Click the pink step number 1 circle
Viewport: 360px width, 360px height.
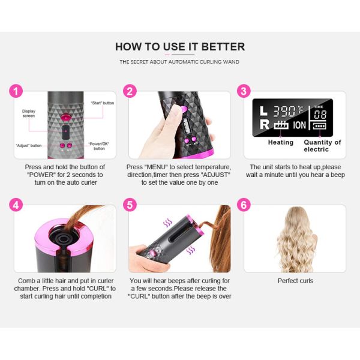click(x=16, y=91)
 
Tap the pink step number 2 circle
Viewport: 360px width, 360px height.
click(x=130, y=91)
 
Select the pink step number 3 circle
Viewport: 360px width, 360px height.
click(x=244, y=91)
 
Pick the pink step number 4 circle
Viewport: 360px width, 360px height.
click(x=16, y=205)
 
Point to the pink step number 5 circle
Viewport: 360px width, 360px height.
click(x=130, y=205)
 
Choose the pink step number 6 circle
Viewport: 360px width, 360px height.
click(x=244, y=205)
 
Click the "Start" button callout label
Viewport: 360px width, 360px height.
click(x=103, y=103)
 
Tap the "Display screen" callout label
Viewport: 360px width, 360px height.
click(x=29, y=113)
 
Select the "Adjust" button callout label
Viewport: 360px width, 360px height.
click(x=29, y=146)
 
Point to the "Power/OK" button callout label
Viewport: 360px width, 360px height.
click(x=99, y=146)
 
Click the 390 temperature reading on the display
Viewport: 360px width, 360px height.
click(x=284, y=112)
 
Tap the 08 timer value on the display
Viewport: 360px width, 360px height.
click(x=320, y=115)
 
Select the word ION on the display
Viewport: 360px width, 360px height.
click(x=299, y=125)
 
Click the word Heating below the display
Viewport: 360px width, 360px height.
click(x=281, y=142)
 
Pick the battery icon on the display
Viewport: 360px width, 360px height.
click(x=320, y=126)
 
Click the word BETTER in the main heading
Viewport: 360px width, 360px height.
click(x=223, y=47)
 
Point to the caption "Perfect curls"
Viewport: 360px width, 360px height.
click(x=295, y=281)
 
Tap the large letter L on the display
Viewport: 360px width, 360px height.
click(x=263, y=111)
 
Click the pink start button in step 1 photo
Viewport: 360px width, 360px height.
click(x=65, y=118)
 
